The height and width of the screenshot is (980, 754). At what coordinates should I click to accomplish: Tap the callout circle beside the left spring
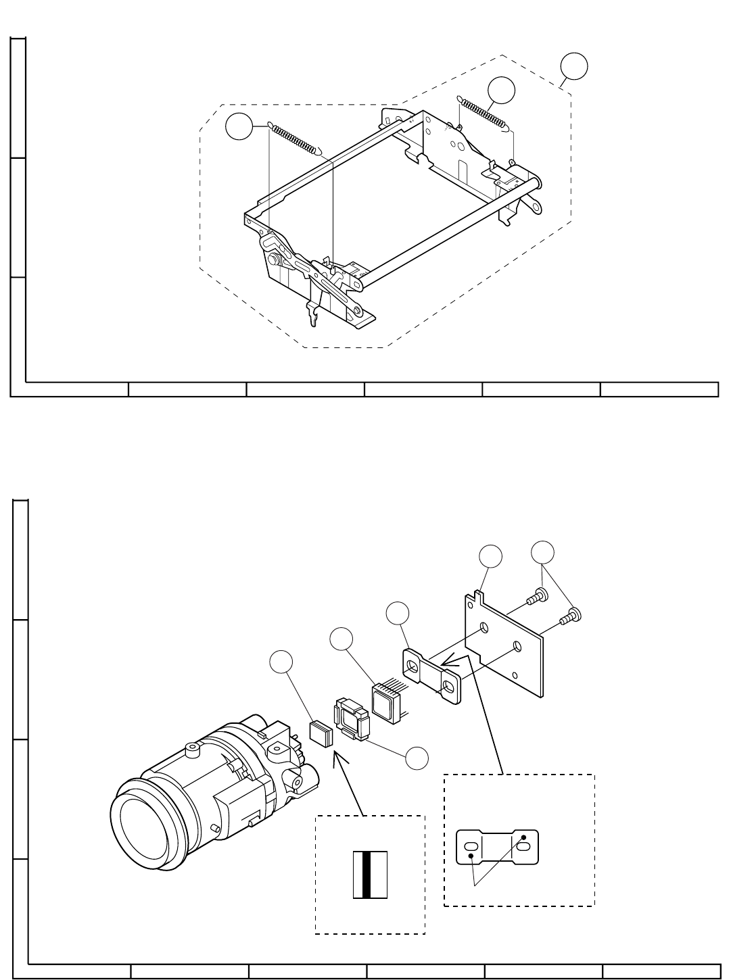pyautogui.click(x=238, y=127)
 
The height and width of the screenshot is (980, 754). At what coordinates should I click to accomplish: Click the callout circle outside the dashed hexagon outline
pyautogui.click(x=574, y=67)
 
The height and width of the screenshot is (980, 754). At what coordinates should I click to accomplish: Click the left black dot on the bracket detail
pyautogui.click(x=471, y=858)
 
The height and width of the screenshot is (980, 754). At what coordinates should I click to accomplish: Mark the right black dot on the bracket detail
pyautogui.click(x=524, y=839)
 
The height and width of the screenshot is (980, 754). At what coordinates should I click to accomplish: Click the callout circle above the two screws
pyautogui.click(x=542, y=552)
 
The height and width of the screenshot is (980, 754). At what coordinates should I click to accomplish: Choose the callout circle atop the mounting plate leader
pyautogui.click(x=491, y=556)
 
